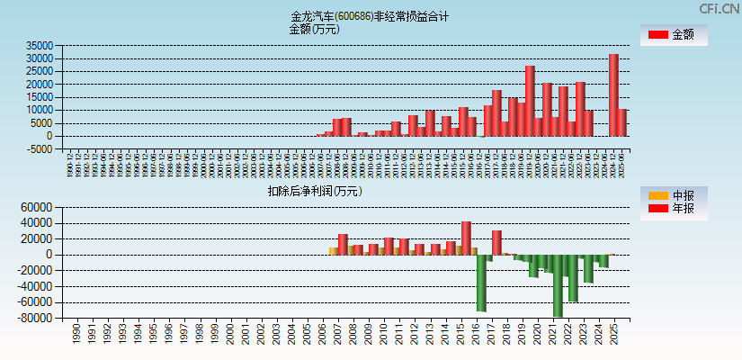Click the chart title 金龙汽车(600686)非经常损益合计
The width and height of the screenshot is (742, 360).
point(370,16)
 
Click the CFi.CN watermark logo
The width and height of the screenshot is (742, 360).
point(720,8)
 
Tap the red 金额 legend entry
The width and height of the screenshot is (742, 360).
point(672,35)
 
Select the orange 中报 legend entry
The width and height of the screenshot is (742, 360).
point(672,195)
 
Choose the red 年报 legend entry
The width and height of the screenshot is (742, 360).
point(672,209)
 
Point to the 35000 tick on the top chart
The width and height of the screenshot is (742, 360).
point(40,46)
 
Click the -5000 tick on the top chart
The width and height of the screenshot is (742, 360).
point(40,149)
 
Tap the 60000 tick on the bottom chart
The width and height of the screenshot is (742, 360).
point(38,207)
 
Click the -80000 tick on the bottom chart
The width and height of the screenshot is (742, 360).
point(36,319)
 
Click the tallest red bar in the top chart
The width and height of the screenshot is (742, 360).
point(613,94)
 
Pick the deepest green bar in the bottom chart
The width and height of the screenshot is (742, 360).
point(559,285)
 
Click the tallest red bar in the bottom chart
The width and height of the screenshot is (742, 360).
point(466,238)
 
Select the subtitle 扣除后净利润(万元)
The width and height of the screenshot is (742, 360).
point(315,191)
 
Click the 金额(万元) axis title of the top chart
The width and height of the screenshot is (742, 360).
point(314,29)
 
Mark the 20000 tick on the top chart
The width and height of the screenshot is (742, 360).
point(40,85)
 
